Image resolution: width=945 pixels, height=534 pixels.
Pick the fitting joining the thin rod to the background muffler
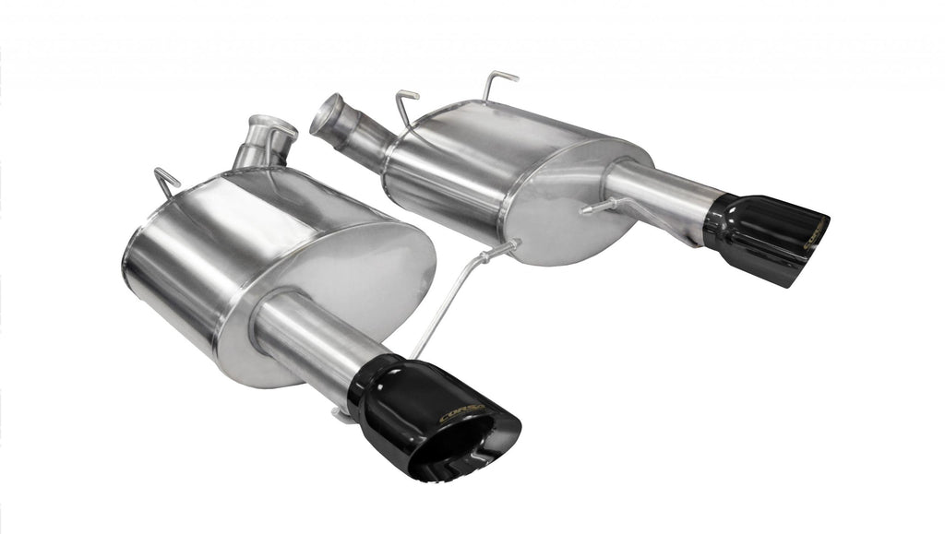tap(508, 247)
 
